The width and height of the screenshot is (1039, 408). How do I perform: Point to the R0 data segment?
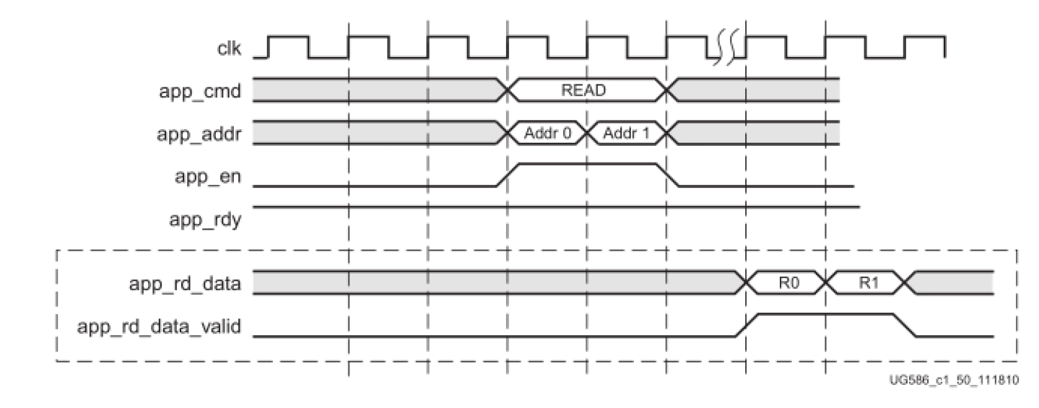pos(786,283)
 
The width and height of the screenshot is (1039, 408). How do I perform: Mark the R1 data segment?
pos(866,283)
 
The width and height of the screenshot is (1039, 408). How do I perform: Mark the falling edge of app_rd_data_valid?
pos(905,325)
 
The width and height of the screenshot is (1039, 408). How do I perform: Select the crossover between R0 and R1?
pos(826,283)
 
